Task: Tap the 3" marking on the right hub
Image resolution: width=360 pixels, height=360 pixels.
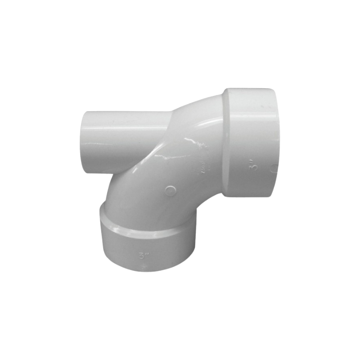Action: (x=255, y=164)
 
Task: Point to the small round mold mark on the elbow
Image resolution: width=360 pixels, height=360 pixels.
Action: (x=170, y=190)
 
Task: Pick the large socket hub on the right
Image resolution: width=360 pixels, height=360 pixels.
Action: (x=250, y=142)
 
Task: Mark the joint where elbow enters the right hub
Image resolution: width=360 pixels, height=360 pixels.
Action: (x=223, y=144)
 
